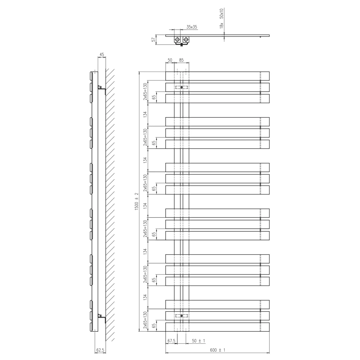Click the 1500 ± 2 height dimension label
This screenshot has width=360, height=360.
coord(137,201)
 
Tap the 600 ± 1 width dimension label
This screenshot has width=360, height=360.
coord(217,350)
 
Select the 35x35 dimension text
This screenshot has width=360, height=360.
coord(192,27)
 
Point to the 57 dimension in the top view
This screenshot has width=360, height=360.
coord(153,40)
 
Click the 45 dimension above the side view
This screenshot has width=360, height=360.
coord(102,55)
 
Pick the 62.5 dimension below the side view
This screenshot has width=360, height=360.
coord(100,350)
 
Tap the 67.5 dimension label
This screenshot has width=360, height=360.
coord(171,341)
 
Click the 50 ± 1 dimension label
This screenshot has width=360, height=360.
coord(198,341)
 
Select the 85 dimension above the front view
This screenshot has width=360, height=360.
coord(181,60)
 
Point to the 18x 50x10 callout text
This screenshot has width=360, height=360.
coord(222,18)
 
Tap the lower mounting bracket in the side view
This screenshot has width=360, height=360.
coord(102,318)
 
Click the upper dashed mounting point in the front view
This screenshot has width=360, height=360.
coord(182,87)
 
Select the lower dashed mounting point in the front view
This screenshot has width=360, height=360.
coord(182,316)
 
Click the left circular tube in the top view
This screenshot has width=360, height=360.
coord(177,39)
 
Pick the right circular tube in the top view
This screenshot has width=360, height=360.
coord(186,39)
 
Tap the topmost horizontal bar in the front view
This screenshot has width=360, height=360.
coord(217,76)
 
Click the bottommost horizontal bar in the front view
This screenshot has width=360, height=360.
coord(217,327)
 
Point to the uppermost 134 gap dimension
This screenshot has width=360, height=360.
coord(145,114)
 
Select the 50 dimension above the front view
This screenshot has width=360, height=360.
coord(170,60)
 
